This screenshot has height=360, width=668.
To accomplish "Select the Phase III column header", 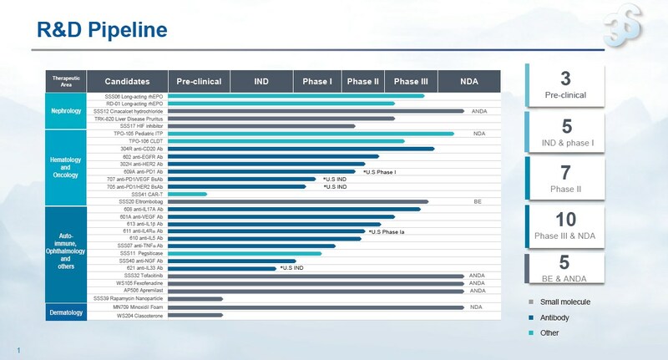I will point(411,81).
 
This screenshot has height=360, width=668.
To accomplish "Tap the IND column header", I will point(261,81).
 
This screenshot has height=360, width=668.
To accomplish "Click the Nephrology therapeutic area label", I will point(65,110).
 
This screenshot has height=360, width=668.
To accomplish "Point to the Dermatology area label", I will point(65,312).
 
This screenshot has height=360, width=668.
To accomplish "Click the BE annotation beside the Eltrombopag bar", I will point(478,201).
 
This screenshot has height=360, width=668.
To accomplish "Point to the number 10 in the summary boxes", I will point(565,219).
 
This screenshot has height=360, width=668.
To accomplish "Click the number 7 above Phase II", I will point(565,173).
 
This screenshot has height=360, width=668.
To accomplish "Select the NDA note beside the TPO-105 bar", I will point(478,133).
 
